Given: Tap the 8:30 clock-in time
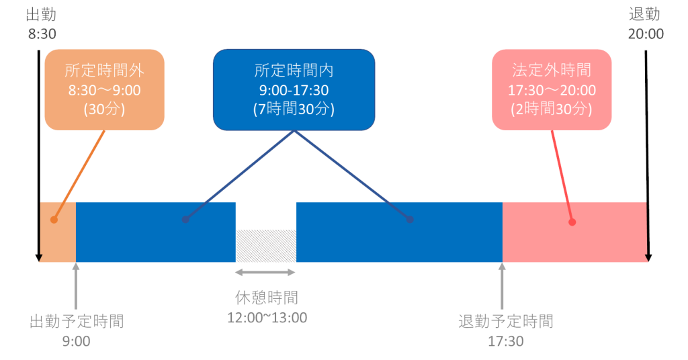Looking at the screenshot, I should tap(41, 33).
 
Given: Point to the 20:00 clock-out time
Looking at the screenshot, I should tap(645, 33).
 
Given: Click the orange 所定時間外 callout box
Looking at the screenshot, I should tap(104, 89).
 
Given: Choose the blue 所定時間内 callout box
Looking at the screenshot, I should tap(294, 89).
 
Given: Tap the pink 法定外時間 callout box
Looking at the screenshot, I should tap(552, 89).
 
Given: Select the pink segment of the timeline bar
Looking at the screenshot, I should tap(605, 232).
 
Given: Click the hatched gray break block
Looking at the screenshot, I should tap(265, 246).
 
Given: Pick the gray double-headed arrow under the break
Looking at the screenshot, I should tap(265, 272).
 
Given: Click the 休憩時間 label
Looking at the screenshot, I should tap(267, 298).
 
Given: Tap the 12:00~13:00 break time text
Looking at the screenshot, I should tap(267, 317).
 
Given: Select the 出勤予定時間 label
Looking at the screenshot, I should tap(77, 321).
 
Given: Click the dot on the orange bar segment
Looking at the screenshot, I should tap(54, 220).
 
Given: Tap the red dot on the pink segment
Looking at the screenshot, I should tap(572, 222).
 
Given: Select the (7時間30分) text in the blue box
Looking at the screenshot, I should tap(294, 109).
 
